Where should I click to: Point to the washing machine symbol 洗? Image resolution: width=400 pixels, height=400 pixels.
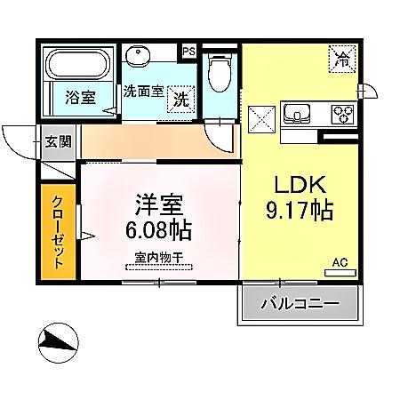(x=180, y=98)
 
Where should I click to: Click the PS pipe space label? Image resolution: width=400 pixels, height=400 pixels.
(x=188, y=52)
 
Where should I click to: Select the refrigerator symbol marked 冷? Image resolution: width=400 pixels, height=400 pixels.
(x=340, y=60)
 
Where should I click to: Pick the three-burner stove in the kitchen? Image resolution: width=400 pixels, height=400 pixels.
(x=341, y=115)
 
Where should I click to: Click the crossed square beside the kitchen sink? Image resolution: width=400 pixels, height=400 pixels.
(x=263, y=118)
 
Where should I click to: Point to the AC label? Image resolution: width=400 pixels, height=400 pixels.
(x=339, y=262)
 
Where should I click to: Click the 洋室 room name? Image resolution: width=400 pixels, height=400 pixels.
(x=159, y=204)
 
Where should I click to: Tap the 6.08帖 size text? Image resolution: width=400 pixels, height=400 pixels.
(x=159, y=230)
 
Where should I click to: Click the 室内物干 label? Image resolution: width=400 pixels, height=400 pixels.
(x=159, y=258)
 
